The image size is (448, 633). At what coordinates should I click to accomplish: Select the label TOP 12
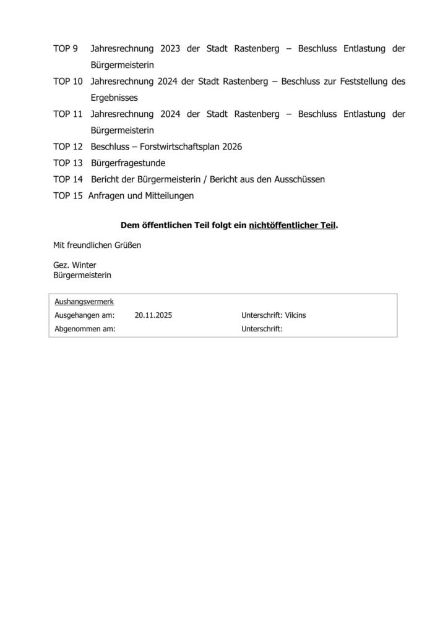pos(68,147)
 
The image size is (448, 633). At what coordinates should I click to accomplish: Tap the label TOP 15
pos(68,195)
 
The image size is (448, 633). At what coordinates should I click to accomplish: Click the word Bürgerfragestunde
pos(128,163)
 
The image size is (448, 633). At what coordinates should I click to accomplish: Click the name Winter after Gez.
pos(84,265)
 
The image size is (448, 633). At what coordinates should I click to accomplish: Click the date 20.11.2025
pos(153,315)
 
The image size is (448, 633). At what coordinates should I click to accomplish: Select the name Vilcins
pos(295,315)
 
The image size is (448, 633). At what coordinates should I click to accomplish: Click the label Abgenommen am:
pos(85,329)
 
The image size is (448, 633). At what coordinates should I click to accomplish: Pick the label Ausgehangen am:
pos(84,315)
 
